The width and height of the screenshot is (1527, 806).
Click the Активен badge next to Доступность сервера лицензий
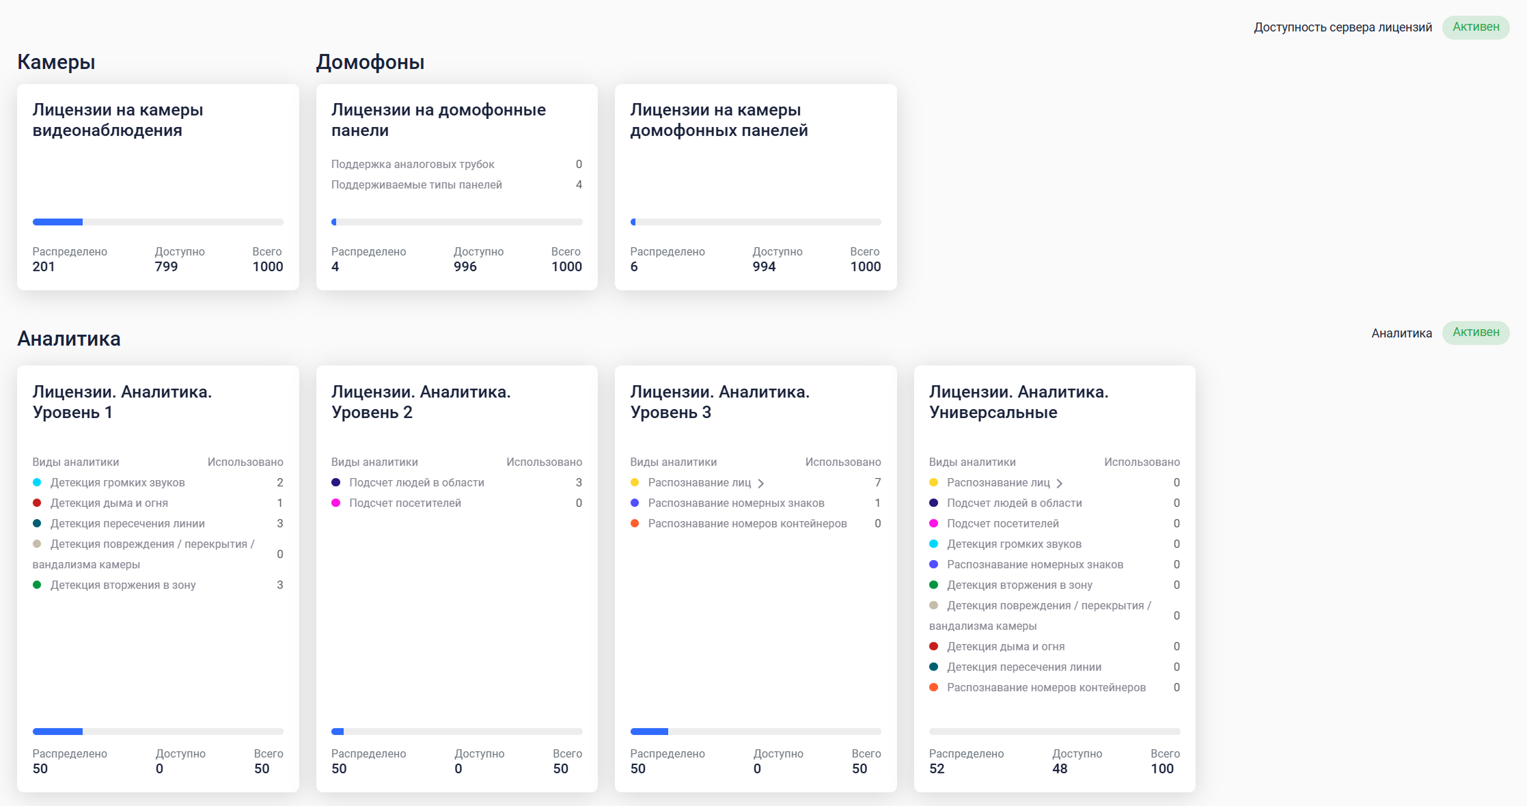point(1475,27)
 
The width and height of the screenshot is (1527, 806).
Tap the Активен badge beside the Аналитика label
point(1475,333)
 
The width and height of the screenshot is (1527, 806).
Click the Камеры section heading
point(56,62)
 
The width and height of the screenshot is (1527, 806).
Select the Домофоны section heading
point(370,62)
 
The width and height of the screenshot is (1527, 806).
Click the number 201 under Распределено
point(44,267)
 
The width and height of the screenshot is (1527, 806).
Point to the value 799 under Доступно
point(166,267)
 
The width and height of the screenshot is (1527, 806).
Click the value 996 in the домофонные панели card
point(465,267)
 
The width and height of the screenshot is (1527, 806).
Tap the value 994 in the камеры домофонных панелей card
point(764,267)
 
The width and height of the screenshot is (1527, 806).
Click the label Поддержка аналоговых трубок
point(413,165)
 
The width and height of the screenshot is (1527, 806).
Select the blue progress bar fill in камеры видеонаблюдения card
point(57,222)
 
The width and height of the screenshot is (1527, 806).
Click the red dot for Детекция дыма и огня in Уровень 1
point(37,503)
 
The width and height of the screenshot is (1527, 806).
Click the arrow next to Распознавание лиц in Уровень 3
point(761,484)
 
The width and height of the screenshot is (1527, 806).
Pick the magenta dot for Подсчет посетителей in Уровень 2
point(336,503)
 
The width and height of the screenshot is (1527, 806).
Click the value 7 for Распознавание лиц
point(877,483)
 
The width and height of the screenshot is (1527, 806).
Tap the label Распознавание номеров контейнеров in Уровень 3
point(747,524)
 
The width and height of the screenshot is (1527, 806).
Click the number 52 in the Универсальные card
point(937,769)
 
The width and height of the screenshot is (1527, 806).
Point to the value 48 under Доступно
point(1060,769)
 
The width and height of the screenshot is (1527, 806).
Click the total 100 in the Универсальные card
point(1162,769)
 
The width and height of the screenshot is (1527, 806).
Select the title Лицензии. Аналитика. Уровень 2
point(421,402)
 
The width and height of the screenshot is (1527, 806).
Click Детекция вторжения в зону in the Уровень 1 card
point(123,585)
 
